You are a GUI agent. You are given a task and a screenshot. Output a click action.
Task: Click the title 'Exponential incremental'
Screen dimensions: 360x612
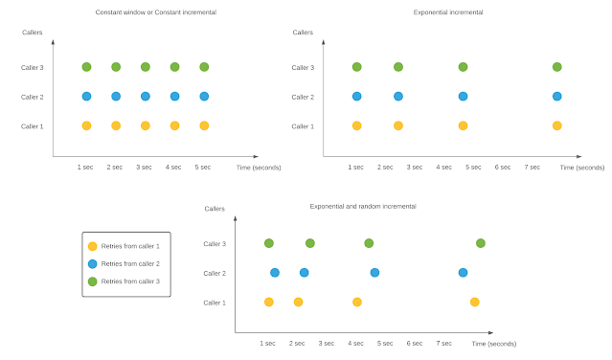pos(447,12)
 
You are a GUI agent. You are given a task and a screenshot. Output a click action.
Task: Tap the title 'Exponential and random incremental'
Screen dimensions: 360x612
pos(363,206)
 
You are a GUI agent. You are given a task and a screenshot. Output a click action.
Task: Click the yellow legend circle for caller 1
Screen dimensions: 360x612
pos(92,246)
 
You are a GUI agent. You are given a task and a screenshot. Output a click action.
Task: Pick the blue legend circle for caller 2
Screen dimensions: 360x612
pos(92,263)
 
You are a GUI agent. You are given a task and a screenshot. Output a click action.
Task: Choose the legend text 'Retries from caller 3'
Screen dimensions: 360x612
pos(130,281)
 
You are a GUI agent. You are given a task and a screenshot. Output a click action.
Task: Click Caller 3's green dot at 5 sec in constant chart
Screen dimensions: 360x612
pos(204,67)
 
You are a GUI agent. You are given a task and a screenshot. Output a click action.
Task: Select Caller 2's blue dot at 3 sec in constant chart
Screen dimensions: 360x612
pos(146,97)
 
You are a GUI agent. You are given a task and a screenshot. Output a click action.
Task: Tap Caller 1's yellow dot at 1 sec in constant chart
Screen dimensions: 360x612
pos(86,125)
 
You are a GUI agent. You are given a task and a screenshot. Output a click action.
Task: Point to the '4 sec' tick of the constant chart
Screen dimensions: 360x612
pos(173,167)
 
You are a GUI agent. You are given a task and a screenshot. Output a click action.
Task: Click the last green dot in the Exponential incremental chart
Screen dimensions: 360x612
pos(556,67)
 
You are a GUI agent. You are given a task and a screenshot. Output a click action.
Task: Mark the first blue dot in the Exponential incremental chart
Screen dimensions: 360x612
pos(356,97)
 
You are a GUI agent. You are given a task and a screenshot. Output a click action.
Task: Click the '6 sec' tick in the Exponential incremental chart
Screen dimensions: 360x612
pos(503,167)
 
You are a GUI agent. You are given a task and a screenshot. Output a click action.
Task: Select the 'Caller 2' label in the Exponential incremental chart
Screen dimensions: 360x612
pos(303,97)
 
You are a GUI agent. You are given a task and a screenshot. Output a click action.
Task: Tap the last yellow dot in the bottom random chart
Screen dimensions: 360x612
pos(474,302)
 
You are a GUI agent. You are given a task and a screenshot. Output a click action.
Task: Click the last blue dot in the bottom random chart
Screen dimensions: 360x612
pos(463,273)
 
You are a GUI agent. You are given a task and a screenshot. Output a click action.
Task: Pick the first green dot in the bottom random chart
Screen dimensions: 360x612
pos(269,243)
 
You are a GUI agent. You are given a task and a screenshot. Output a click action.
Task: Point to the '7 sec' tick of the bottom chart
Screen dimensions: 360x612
pos(443,343)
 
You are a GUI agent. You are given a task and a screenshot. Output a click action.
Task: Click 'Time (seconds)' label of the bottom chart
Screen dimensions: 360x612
pos(493,343)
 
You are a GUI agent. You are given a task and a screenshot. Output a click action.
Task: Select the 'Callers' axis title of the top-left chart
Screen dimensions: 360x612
pos(33,33)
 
